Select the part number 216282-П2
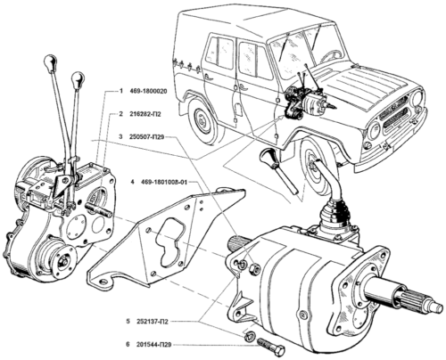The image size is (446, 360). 145,114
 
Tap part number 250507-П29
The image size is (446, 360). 147,136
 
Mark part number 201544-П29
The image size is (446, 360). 154,345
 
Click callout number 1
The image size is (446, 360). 120,91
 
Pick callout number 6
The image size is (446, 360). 128,345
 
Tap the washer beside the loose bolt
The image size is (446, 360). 249,336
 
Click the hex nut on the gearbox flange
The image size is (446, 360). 255,269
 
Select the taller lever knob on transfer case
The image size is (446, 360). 50,61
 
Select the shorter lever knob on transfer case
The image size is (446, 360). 78,78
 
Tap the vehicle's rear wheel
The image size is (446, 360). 202,121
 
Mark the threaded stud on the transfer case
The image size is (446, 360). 98,209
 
